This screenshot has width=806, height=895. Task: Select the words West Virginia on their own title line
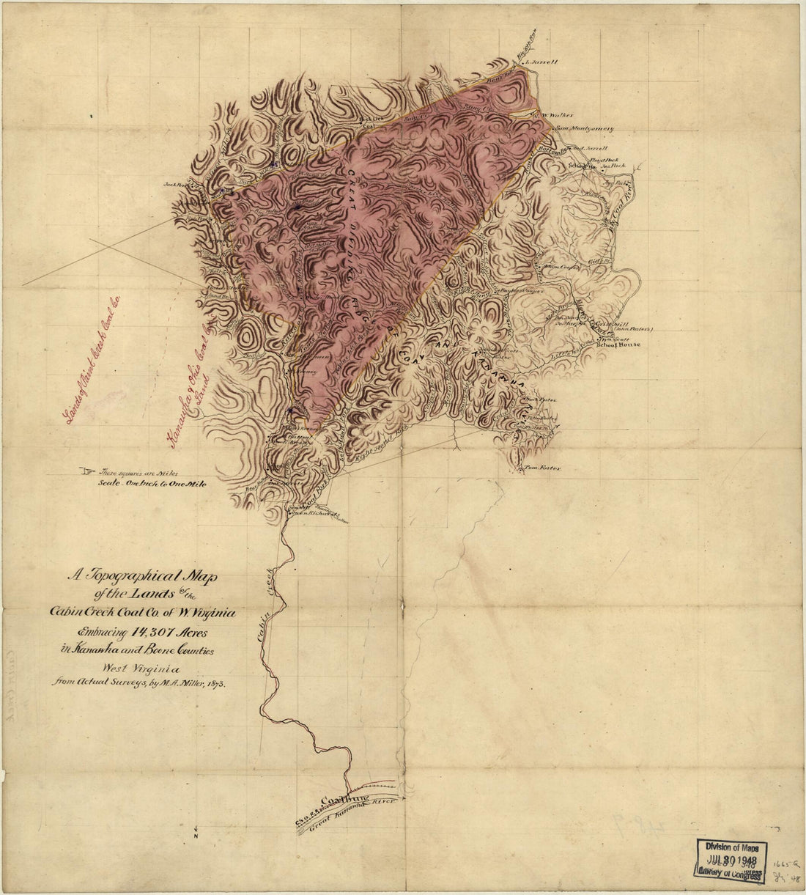pyautogui.click(x=142, y=667)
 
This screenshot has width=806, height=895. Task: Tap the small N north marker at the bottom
pyautogui.click(x=196, y=836)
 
